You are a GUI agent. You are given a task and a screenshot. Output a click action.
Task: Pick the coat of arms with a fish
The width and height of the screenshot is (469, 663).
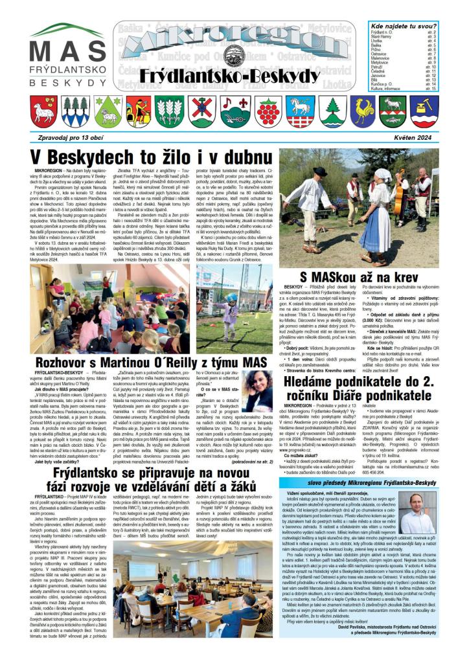click(393, 111)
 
